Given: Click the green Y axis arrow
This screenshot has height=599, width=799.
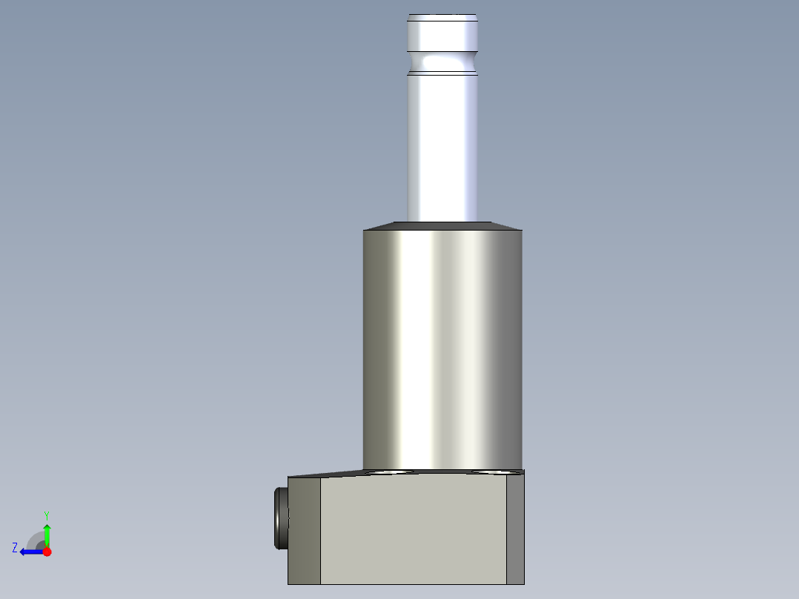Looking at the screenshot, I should tap(47, 532).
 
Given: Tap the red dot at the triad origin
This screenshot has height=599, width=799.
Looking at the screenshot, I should tap(47, 552).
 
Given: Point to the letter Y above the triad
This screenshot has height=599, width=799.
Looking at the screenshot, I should tap(47, 514).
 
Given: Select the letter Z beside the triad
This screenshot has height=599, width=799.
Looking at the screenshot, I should tap(15, 547).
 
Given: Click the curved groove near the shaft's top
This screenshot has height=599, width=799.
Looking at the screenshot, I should tap(442, 58).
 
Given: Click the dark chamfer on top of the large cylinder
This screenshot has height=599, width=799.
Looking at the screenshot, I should tap(442, 225).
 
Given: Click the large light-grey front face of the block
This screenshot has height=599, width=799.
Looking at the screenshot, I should tap(413, 529).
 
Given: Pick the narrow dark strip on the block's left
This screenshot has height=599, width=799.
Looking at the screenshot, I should tap(304, 531).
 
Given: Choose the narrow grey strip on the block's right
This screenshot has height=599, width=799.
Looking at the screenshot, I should tap(515, 529).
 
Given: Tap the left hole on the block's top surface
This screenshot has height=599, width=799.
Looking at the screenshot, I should tap(389, 471).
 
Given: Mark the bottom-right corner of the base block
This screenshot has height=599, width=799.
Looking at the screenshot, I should tap(523, 583).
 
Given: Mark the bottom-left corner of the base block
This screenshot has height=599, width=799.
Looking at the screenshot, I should tap(288, 583).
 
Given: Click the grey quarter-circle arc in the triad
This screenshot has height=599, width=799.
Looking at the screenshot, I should tap(34, 539).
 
